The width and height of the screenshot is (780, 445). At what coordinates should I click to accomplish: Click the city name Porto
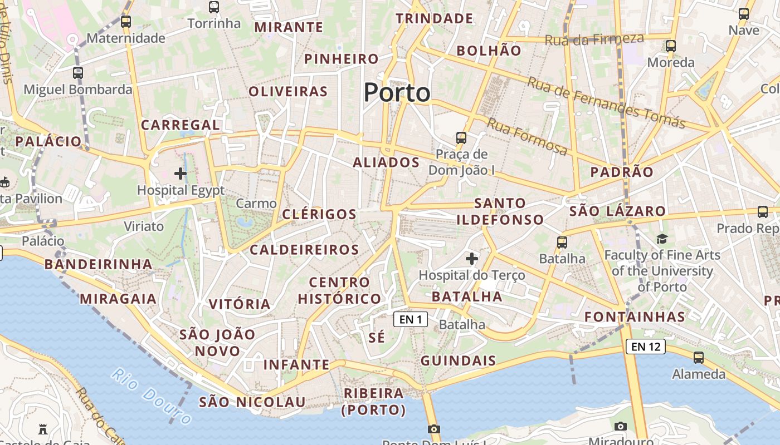[x=397, y=92]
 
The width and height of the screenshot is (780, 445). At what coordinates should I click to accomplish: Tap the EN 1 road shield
[x=411, y=319]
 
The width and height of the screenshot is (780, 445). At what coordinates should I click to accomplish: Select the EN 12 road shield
[x=646, y=347]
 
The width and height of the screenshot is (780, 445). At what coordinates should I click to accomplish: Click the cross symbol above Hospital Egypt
[x=181, y=174]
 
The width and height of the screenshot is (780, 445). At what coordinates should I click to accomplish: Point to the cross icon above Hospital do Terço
[x=472, y=259]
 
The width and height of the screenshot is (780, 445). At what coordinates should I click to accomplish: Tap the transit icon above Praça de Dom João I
[x=461, y=137]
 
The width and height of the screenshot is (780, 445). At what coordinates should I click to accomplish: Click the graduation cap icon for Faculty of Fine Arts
[x=662, y=239]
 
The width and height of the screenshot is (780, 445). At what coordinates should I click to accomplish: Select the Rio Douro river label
[x=151, y=396]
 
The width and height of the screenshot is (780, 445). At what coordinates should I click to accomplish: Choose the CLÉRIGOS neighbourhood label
[x=319, y=214]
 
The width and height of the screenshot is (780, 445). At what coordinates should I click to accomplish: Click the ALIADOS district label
[x=386, y=162]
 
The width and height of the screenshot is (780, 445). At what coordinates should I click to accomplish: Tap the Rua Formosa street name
[x=527, y=136]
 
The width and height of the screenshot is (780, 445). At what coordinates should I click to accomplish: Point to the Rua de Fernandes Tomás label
[x=606, y=103]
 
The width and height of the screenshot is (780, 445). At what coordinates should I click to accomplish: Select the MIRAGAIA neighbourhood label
[x=118, y=299]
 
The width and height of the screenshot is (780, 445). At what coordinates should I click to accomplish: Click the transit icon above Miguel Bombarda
[x=78, y=72]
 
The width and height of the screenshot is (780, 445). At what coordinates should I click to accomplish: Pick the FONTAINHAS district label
[x=634, y=317]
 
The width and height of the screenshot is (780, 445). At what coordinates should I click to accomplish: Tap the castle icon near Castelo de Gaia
[x=43, y=429]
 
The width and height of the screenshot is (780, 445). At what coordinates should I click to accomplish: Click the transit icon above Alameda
[x=698, y=358]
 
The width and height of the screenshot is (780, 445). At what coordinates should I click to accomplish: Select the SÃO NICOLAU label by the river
[x=252, y=402]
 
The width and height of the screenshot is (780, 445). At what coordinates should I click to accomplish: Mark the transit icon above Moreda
[x=671, y=46]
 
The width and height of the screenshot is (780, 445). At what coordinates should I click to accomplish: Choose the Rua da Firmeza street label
[x=594, y=39]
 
